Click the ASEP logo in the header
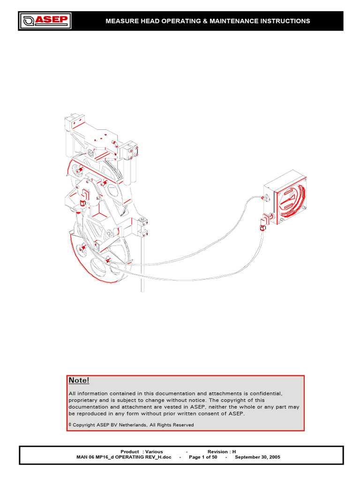[45, 21]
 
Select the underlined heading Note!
[79, 380]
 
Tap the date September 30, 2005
[257, 457]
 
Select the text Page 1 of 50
[203, 457]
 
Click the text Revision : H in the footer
[222, 451]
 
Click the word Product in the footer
[130, 451]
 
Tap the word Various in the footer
[154, 451]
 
